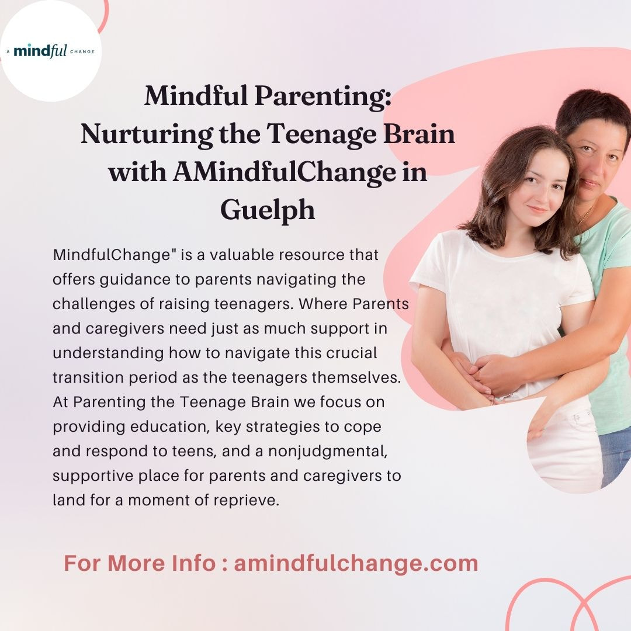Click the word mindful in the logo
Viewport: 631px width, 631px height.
coord(40,51)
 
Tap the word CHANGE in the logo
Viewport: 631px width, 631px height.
coord(82,51)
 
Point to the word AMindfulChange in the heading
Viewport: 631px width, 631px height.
coord(285,172)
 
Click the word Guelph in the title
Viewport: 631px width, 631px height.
coord(268,211)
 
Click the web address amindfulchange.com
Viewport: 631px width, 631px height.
coord(356,563)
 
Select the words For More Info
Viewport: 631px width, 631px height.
coord(140,563)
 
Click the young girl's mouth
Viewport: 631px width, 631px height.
coord(538,210)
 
